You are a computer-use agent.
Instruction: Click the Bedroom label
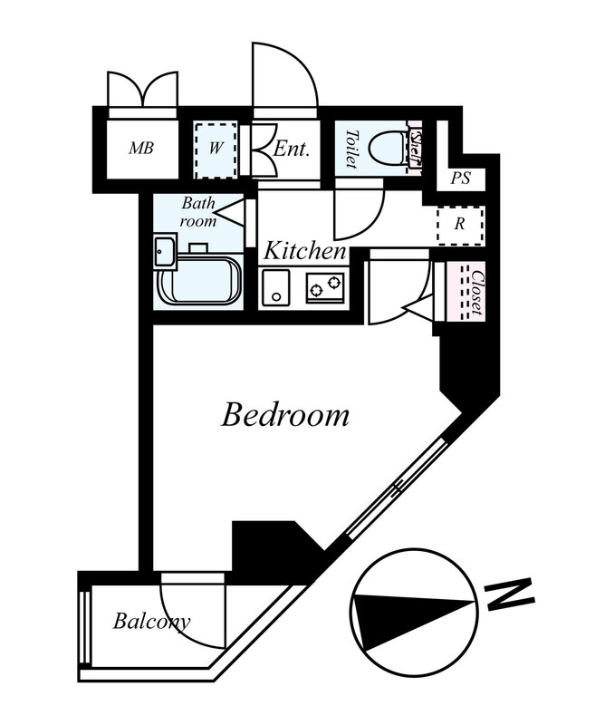(x=285, y=415)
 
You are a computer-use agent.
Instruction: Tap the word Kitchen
(x=304, y=251)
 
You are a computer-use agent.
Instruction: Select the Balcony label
(x=151, y=621)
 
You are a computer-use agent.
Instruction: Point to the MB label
(x=141, y=149)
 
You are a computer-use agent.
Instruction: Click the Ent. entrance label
(x=291, y=149)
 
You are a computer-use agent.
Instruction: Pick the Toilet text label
(x=352, y=148)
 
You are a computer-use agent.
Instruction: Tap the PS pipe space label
(x=460, y=178)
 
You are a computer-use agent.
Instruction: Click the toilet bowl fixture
(x=388, y=148)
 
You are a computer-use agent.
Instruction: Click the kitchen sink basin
(x=276, y=287)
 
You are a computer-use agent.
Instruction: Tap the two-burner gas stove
(x=325, y=287)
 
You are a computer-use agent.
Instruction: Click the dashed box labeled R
(x=460, y=225)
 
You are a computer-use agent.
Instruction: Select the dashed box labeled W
(x=216, y=150)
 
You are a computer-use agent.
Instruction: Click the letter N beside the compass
(x=510, y=594)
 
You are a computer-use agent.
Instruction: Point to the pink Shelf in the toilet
(x=416, y=149)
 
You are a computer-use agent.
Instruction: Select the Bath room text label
(x=198, y=212)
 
